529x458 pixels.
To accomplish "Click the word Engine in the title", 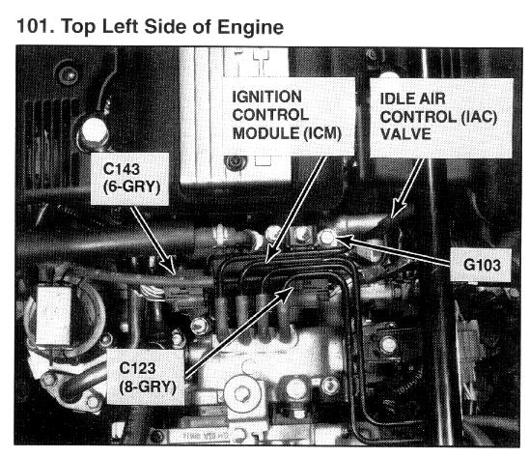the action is [x=250, y=28].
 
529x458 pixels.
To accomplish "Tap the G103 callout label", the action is [x=482, y=265].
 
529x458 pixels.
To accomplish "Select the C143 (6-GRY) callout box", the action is [x=130, y=179].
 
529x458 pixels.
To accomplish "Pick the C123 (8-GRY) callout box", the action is [x=146, y=377].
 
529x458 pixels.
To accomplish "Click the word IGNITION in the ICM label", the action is [x=266, y=97].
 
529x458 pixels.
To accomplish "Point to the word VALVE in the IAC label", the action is [x=405, y=134].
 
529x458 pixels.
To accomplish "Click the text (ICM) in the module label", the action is [x=321, y=133].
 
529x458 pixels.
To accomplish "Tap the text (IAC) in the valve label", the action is [x=479, y=117].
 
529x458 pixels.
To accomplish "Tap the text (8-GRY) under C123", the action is [x=148, y=387].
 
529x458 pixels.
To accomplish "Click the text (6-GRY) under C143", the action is [x=131, y=186].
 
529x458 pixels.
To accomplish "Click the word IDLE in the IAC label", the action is [x=396, y=99].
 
